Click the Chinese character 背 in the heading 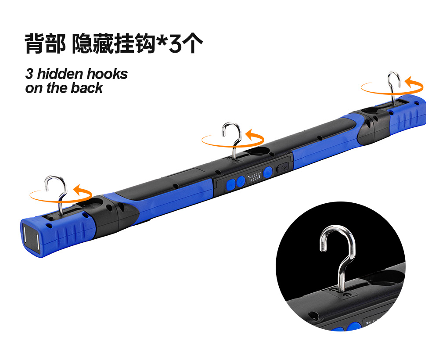click(35, 43)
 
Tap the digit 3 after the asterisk click(176, 44)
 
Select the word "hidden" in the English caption click(60, 74)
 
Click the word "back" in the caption click(87, 88)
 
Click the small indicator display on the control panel click(254, 177)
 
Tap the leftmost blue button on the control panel click(231, 184)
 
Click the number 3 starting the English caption click(29, 74)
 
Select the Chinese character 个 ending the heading click(193, 43)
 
